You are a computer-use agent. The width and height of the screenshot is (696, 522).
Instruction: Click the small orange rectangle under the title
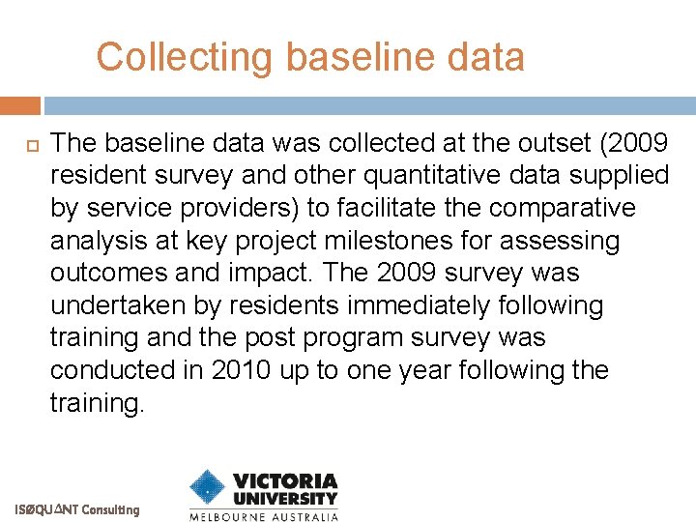[x=19, y=105]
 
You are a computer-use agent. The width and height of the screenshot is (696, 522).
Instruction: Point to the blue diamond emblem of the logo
[x=207, y=488]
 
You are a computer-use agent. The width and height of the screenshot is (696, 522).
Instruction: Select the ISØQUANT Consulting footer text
[x=77, y=509]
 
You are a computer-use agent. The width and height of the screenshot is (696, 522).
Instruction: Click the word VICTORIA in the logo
[x=285, y=481]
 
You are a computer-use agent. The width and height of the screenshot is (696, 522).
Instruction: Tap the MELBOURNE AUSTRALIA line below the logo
[x=263, y=516]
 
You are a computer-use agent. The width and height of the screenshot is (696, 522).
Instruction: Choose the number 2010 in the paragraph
[x=239, y=370]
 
